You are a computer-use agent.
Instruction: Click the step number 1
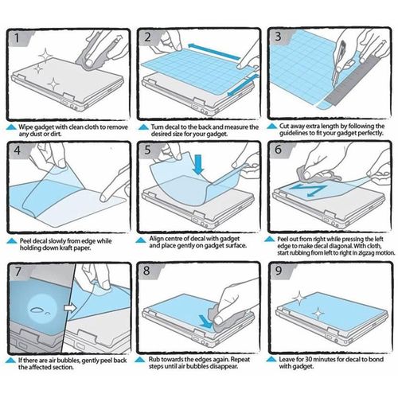point(17,38)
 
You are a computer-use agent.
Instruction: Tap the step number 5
point(148,150)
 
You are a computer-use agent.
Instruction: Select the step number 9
point(279,271)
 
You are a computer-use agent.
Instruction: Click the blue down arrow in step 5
point(198,164)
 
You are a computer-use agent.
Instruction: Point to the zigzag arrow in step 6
point(308,190)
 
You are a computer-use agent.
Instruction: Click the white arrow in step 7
point(70,308)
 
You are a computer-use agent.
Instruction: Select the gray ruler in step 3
point(357,80)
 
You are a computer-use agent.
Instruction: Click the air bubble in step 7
point(37,309)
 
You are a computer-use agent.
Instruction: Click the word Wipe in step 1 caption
point(25,127)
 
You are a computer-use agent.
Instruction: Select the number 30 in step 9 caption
point(308,360)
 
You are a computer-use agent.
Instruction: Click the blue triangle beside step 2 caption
point(143,127)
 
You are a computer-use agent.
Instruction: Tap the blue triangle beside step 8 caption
point(139,360)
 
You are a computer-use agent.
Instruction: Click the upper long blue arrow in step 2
point(214,52)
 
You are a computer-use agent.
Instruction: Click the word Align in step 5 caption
point(156,239)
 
